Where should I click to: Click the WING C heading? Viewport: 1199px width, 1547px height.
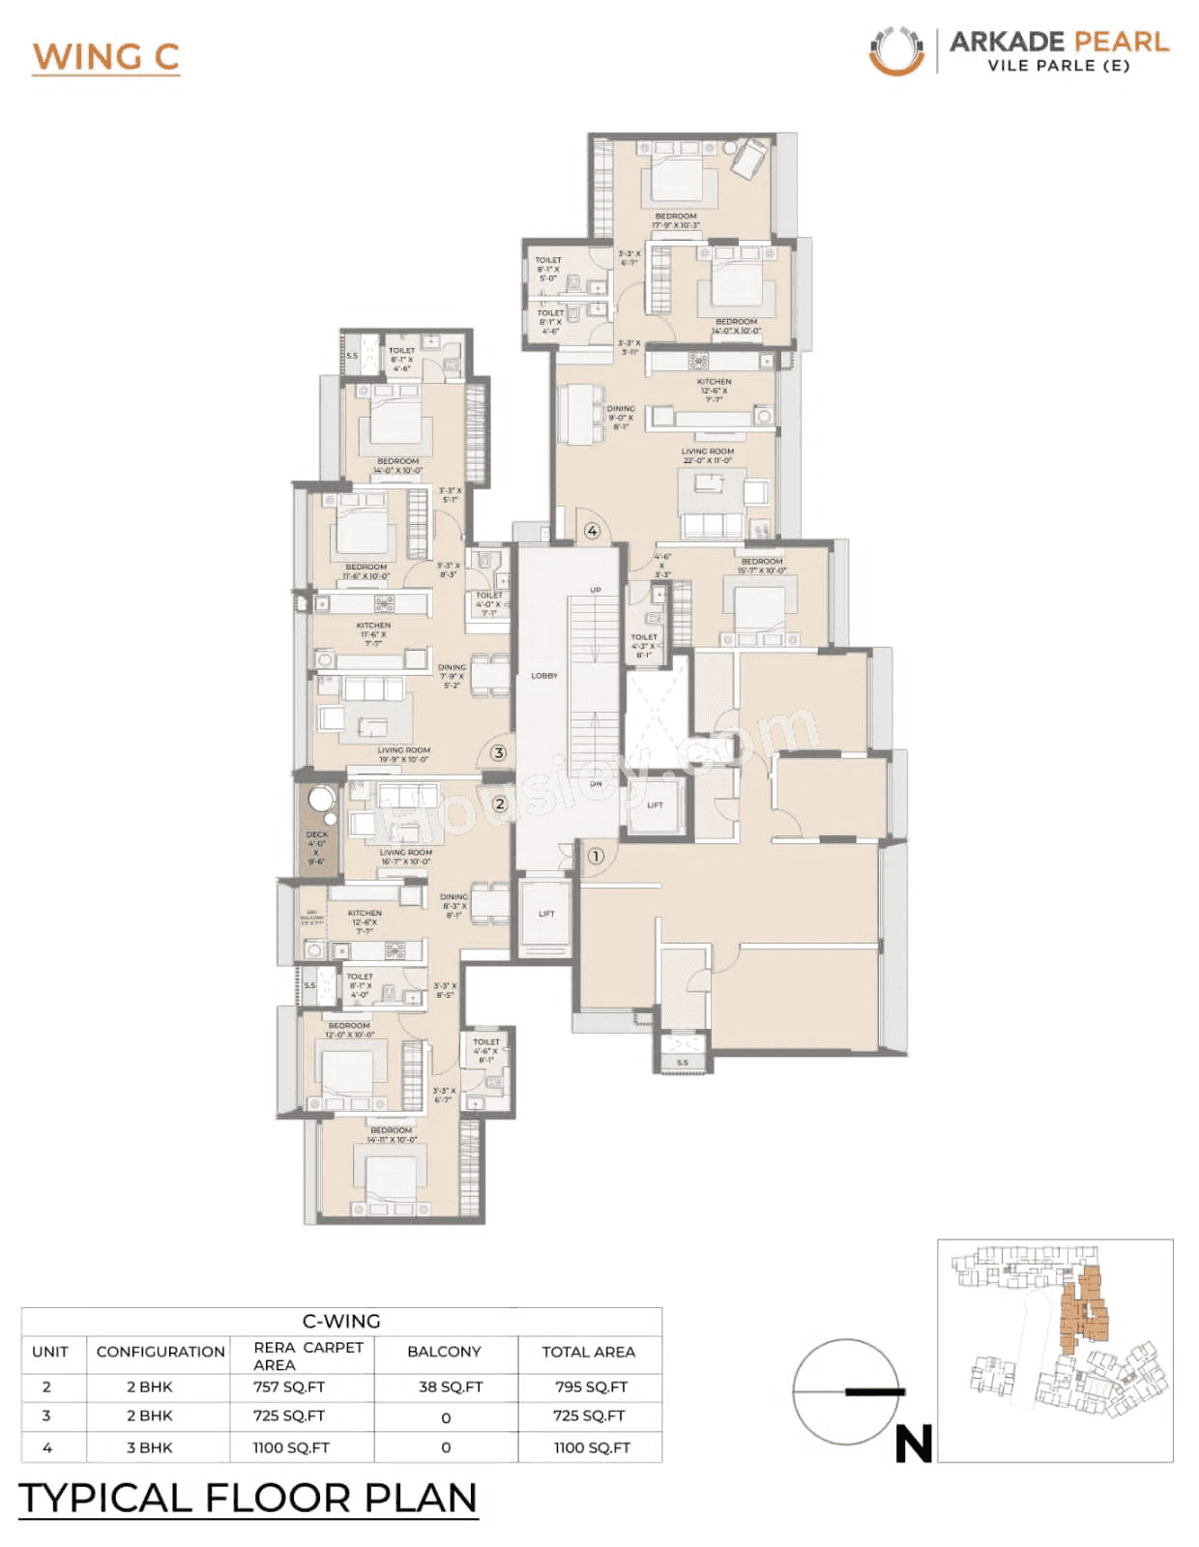point(106,57)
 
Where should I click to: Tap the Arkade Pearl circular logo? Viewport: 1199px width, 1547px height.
point(896,51)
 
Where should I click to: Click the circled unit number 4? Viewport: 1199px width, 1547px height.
point(593,531)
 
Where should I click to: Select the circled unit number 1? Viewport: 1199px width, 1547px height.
point(596,856)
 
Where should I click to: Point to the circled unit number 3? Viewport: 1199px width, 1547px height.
point(499,752)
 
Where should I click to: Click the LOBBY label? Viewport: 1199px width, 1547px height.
point(544,676)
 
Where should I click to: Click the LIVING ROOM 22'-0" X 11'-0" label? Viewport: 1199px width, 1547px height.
point(708,455)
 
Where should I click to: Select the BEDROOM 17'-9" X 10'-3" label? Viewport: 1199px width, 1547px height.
point(676,220)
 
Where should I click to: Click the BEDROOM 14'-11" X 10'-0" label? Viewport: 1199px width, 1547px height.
point(392,1134)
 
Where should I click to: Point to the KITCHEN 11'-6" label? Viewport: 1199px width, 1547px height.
point(374,633)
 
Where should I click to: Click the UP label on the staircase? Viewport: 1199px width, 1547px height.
point(596,590)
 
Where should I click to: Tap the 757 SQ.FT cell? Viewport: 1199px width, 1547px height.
point(289,1386)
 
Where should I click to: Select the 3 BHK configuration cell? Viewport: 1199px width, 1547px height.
point(150,1447)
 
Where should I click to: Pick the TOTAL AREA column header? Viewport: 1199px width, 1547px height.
point(589,1352)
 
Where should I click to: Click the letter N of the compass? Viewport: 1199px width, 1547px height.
point(914,1445)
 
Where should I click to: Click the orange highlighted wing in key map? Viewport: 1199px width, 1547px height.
point(1083,1310)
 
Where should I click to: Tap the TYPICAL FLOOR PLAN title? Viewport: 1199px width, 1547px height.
point(249,1498)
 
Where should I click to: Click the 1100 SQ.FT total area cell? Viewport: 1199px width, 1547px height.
point(592,1447)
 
